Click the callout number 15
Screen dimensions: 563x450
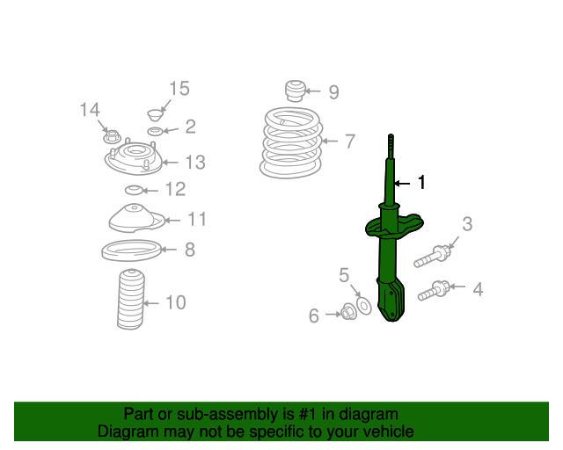coord(179,88)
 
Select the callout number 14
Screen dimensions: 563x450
coord(90,110)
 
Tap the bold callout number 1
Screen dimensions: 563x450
coord(422,182)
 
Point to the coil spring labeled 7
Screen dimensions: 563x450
coord(291,143)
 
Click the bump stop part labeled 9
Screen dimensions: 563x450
coord(296,91)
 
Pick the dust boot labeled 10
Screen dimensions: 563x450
coord(131,300)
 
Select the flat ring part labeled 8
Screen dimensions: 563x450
coord(131,250)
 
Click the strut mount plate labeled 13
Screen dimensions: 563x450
coord(134,158)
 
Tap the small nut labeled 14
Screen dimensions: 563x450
coord(112,136)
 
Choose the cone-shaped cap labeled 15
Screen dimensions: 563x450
coord(156,115)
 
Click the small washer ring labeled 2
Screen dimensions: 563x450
coord(155,131)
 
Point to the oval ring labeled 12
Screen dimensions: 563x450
coord(134,190)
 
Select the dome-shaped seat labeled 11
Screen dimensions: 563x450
coord(136,218)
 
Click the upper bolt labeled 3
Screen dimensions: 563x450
coord(432,257)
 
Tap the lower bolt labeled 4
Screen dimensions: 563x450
coord(434,291)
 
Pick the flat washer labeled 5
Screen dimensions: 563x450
coord(363,306)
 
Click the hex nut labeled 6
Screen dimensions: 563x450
coord(348,311)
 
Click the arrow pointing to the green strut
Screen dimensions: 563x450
coord(402,184)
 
